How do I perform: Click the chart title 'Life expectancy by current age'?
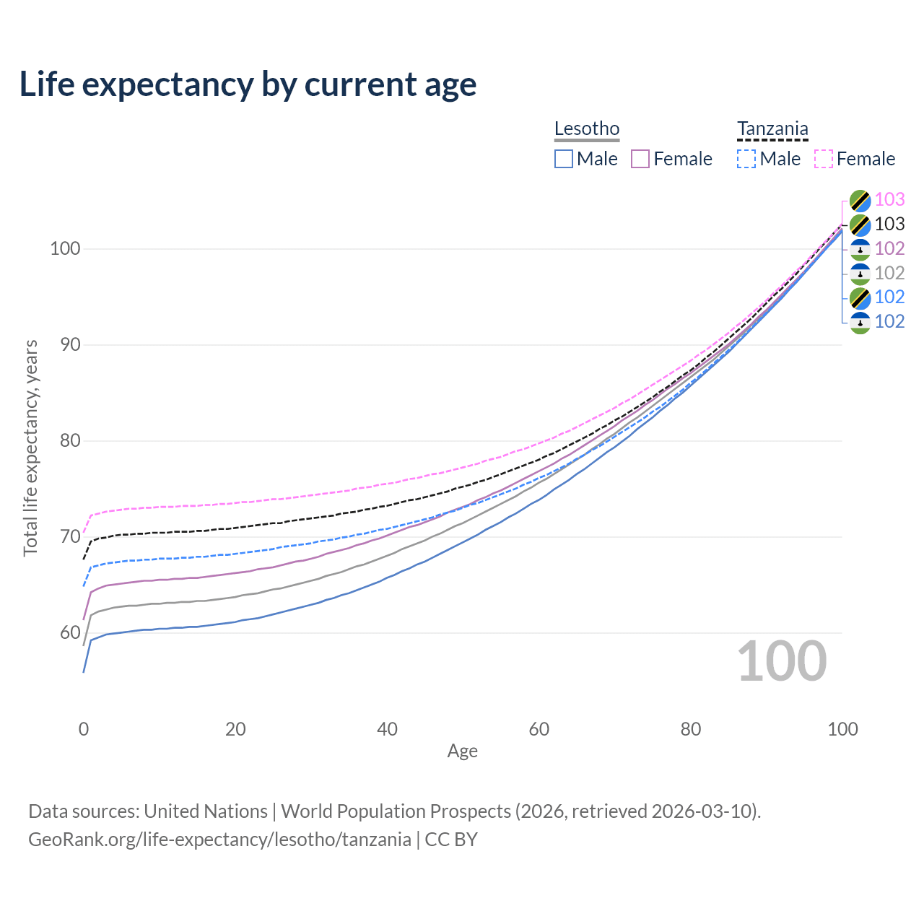pyautogui.click(x=248, y=84)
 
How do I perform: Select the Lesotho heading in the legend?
pyautogui.click(x=586, y=128)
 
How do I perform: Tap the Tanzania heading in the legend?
pyautogui.click(x=772, y=128)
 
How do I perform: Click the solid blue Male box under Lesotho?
pyautogui.click(x=563, y=159)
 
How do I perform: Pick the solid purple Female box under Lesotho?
pyautogui.click(x=640, y=159)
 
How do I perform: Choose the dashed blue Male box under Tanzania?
pyautogui.click(x=746, y=159)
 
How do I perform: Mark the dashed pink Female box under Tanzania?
pyautogui.click(x=824, y=159)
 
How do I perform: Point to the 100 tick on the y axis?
pyautogui.click(x=65, y=248)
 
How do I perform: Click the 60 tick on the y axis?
pyautogui.click(x=70, y=632)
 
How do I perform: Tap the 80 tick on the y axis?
pyautogui.click(x=70, y=440)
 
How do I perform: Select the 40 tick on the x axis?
pyautogui.click(x=387, y=729)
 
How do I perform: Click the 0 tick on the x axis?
pyautogui.click(x=84, y=729)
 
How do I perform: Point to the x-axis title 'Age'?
pyautogui.click(x=462, y=751)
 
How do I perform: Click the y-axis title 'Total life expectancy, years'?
pyautogui.click(x=30, y=448)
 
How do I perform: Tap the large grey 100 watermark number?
pyautogui.click(x=782, y=661)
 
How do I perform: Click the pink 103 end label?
pyautogui.click(x=889, y=199)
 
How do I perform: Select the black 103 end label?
pyautogui.click(x=889, y=224)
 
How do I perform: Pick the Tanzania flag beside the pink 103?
pyautogui.click(x=860, y=201)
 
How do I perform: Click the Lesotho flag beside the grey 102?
pyautogui.click(x=860, y=274)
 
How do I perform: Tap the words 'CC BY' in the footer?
pyautogui.click(x=451, y=840)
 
